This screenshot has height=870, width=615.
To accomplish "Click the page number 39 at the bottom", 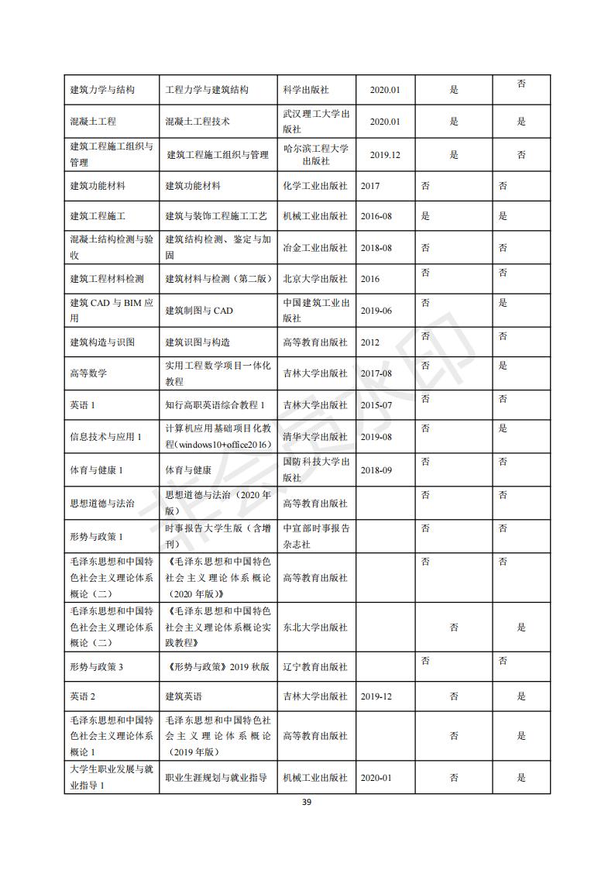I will coord(307,803).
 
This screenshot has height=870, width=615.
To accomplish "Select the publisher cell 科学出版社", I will coord(307,90).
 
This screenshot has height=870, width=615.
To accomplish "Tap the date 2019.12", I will coord(385,155).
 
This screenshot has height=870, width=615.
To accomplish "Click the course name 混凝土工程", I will coord(94,122).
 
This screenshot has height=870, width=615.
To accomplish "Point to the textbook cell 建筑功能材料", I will coord(193,186).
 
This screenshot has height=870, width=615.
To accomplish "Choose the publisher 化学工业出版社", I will coord(315,186).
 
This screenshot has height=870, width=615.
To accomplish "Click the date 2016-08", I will coord(376,216).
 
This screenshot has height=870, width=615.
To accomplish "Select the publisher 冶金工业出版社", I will coord(315,248).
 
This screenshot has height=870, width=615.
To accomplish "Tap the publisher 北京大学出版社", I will coord(315,279).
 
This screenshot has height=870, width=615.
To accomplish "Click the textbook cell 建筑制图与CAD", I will coord(199,311).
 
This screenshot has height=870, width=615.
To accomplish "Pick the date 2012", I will coord(370,342).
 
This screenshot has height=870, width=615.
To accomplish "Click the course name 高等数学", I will coord(88,373).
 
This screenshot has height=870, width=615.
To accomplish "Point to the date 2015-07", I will coord(376,405).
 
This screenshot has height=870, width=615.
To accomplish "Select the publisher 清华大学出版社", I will coord(315,437).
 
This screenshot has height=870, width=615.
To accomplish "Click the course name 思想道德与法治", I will coord(101,504).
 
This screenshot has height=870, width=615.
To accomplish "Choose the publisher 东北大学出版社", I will coord(315,628).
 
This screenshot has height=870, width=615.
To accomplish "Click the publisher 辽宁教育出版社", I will coord(315,666).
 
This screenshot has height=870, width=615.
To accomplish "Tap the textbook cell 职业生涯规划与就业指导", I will coord(218,778).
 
